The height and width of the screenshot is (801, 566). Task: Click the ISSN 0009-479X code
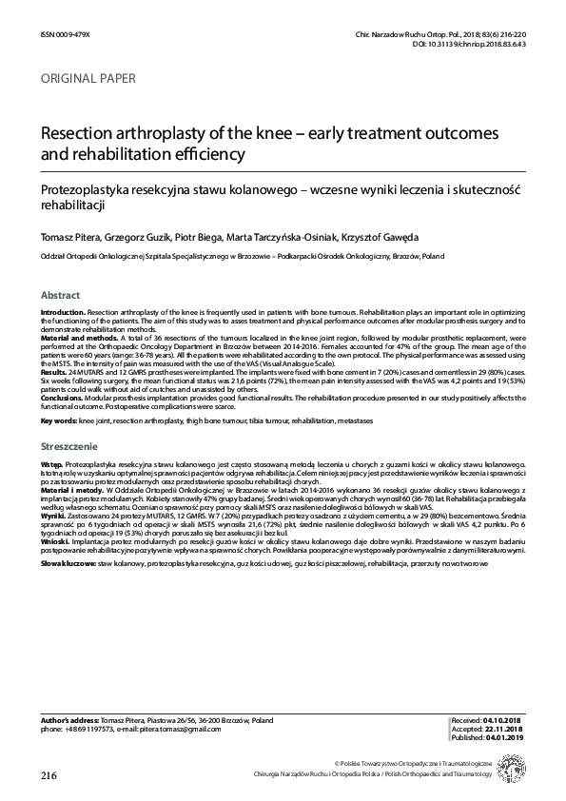pos(63,32)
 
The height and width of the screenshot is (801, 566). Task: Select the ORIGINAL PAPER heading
pos(88,78)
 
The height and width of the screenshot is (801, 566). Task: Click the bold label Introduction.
pos(62,312)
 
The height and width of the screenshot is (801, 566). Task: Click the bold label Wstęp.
pos(51,459)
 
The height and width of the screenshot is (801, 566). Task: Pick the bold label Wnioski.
pos(55,540)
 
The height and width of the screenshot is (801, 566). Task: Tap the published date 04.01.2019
pos(506,738)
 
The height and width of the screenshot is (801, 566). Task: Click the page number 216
pos(49,775)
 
